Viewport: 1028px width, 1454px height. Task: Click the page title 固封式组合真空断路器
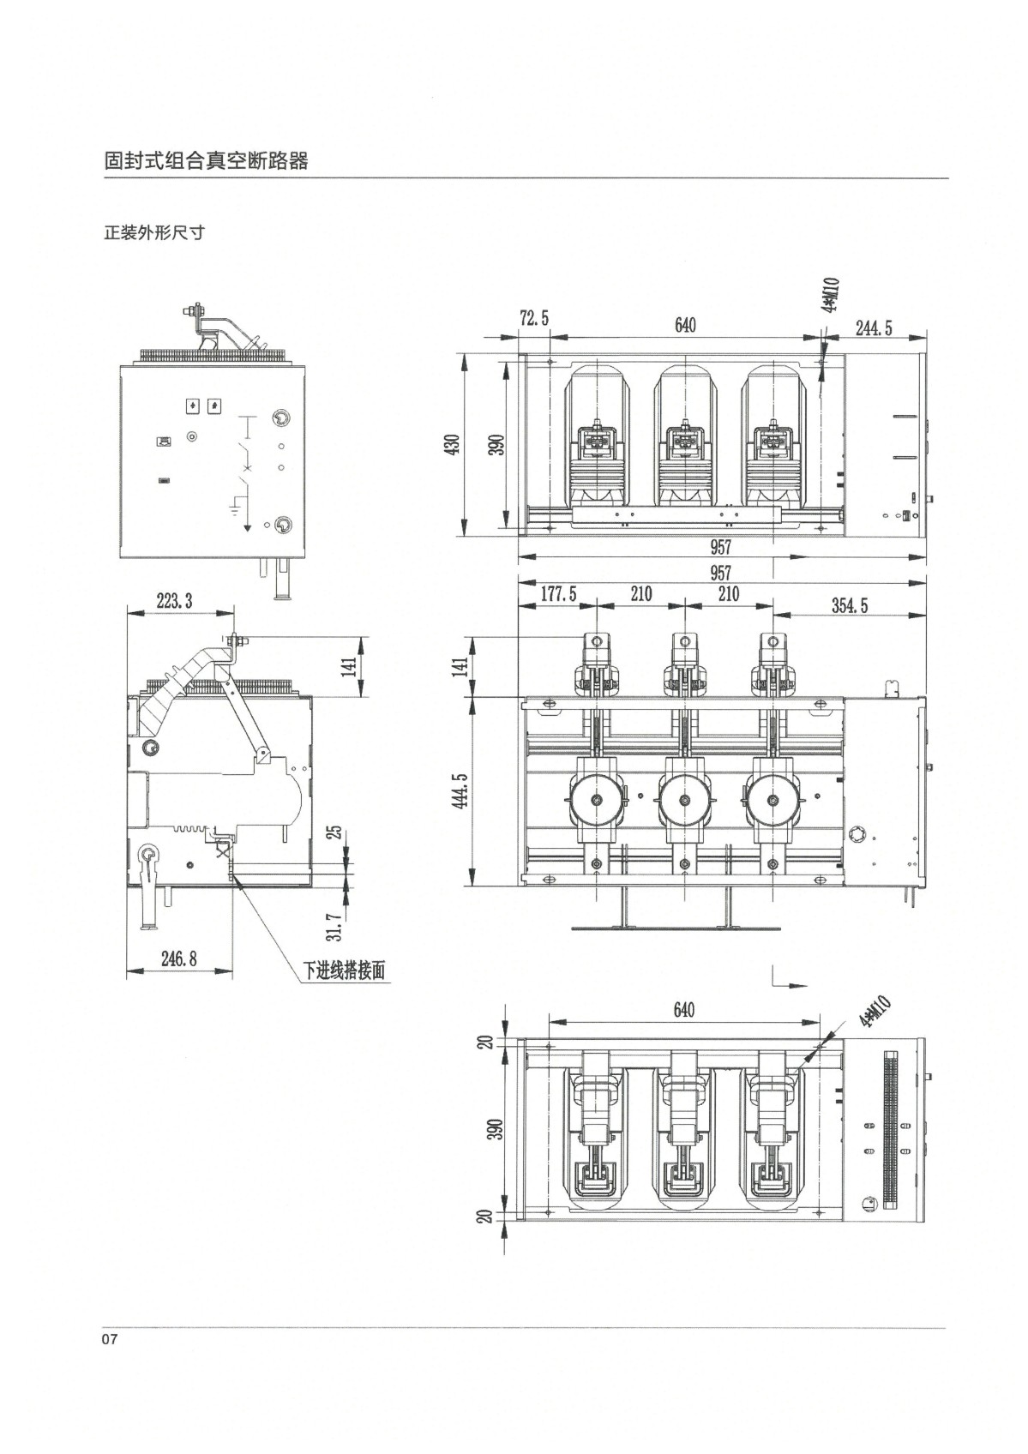pyautogui.click(x=207, y=161)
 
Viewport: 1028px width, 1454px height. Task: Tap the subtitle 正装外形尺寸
pyautogui.click(x=154, y=233)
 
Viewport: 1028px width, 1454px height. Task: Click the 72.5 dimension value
pyautogui.click(x=534, y=318)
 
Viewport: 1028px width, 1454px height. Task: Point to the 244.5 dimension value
pyautogui.click(x=873, y=327)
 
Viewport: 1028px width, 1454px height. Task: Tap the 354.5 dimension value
pyautogui.click(x=850, y=605)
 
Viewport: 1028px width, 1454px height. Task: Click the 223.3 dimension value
pyautogui.click(x=174, y=600)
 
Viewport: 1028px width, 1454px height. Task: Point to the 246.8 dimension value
pyautogui.click(x=178, y=958)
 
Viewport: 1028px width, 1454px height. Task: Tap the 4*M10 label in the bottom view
pyautogui.click(x=875, y=1012)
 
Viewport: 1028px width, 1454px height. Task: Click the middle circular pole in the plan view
pyautogui.click(x=684, y=801)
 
